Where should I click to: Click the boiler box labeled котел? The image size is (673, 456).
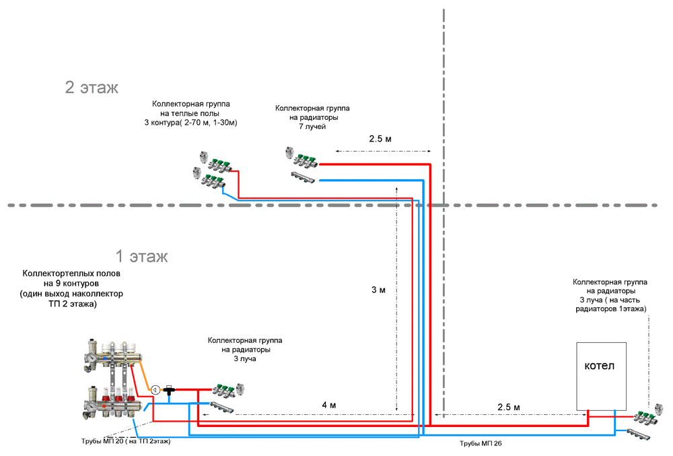601,376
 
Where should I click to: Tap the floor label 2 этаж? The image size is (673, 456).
92,88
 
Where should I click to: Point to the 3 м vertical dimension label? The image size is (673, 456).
378,290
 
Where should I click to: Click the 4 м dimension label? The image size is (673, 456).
328,405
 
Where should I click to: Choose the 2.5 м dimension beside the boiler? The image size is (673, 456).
508,408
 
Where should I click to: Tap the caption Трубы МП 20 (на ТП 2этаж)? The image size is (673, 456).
126,441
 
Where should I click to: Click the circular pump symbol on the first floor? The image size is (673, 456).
155,389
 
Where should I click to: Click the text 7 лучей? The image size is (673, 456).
312,127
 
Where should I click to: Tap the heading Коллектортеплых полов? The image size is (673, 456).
71,274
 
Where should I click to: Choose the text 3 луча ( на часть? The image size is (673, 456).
610,299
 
